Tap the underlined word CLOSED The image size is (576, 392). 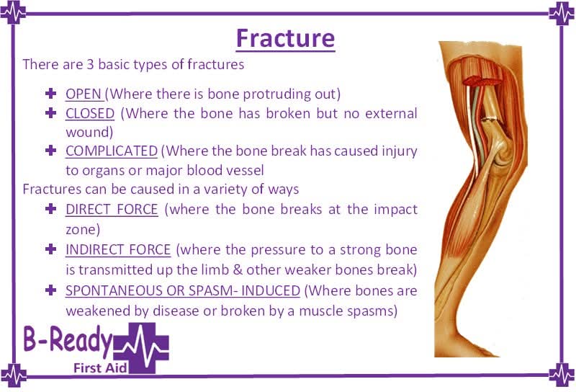coord(90,113)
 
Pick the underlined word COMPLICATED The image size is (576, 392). coord(111,151)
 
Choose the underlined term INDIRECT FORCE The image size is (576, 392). coord(118,249)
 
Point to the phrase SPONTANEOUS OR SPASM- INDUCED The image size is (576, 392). coord(182,290)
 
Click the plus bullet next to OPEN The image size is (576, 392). coord(50,94)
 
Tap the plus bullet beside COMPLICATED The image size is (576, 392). coord(50,151)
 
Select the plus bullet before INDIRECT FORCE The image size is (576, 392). coord(50,249)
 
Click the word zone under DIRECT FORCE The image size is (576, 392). coord(81,228)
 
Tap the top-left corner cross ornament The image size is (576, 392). coord(14,13)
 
